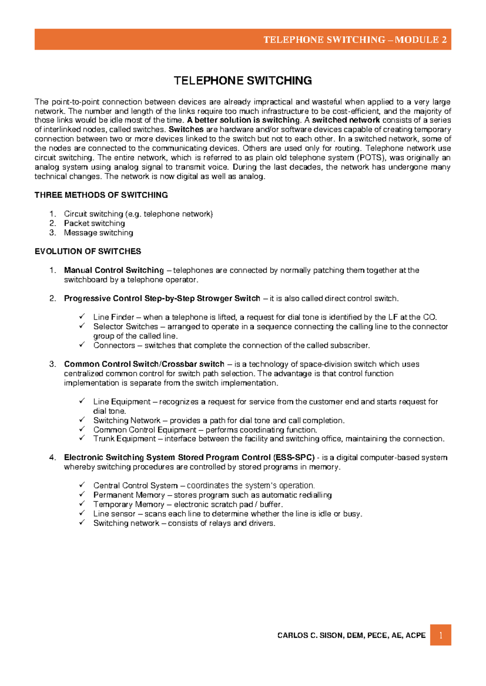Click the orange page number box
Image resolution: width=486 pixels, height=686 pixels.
point(440,635)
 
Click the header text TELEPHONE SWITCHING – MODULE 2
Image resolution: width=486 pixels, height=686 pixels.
point(355,40)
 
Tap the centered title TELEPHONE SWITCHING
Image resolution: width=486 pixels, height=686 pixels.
point(243,80)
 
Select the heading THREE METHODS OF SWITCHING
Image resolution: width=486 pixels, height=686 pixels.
point(101,195)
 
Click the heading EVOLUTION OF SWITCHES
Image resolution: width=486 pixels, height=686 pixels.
point(87,251)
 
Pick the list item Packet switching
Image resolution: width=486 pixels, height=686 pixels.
point(94,223)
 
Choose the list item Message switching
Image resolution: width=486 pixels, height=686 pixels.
point(98,233)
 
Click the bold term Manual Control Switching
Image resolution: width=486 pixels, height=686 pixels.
point(114,270)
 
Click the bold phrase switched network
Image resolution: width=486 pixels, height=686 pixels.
point(346,120)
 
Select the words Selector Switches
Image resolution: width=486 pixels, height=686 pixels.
point(126,326)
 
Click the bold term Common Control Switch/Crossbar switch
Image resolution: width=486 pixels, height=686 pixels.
point(144,364)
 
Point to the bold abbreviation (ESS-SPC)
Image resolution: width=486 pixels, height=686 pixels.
point(294,457)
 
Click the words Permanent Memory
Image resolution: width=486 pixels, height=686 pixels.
point(129,495)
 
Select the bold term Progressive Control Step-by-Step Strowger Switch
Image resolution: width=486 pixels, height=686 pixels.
point(162,299)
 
